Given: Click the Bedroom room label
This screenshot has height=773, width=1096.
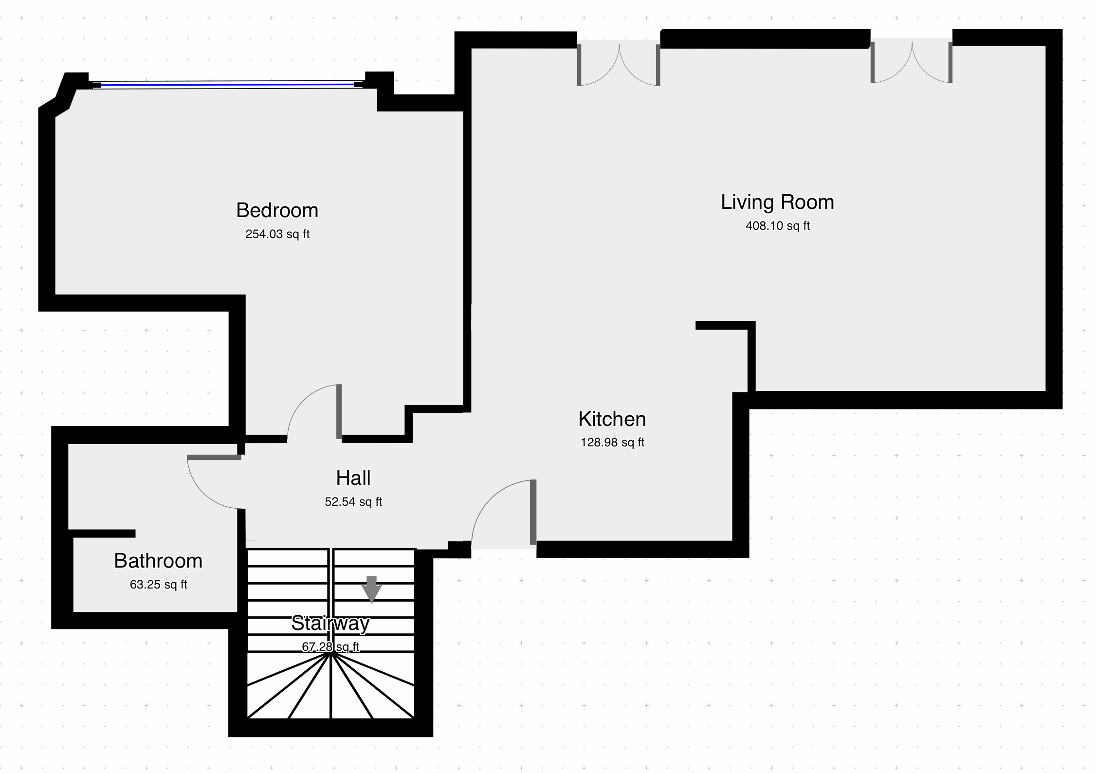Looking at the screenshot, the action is coord(277,210).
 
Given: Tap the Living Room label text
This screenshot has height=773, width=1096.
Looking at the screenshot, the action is coord(777,202).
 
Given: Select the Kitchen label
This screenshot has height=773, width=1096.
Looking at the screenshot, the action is coord(612,419).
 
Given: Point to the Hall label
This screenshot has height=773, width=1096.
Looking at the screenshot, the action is coord(353,478).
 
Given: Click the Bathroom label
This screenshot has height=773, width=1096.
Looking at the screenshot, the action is coord(158,561).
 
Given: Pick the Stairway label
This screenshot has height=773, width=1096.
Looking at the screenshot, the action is coord(330,623).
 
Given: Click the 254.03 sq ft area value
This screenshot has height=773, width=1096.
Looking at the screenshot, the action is coord(277,234).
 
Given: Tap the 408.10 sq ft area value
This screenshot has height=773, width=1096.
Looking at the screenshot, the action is coord(778,226).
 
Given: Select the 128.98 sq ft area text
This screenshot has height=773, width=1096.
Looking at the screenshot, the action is coord(612,442).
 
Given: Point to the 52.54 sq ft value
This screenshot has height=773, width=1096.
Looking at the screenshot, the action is coord(353,502).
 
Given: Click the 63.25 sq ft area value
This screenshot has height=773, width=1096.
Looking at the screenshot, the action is coord(158,585).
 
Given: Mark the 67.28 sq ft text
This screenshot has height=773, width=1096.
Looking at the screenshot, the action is coord(330,647).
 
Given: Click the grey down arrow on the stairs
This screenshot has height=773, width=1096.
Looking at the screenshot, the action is coord(371,589).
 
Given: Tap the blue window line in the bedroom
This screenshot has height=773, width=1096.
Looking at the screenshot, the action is coord(227,85).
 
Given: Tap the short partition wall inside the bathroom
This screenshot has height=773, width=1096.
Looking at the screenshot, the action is coord(101,533).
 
